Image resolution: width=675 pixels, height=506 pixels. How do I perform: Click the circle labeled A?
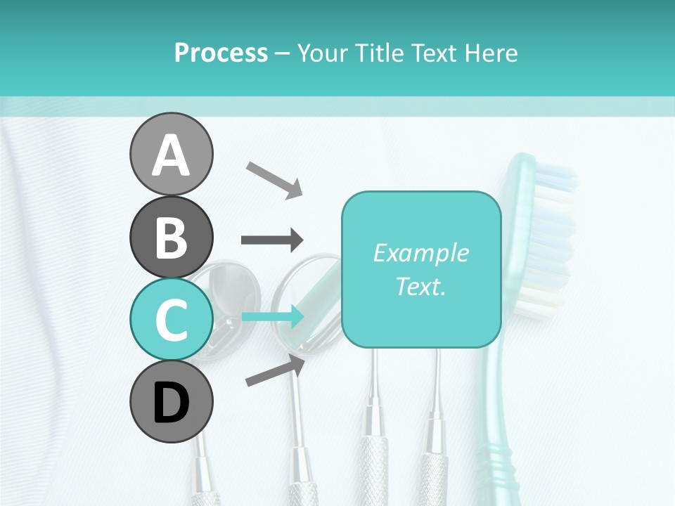click(171, 154)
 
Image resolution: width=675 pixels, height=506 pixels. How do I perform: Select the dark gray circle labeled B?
click(171, 238)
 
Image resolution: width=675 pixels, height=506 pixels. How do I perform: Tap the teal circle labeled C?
click(171, 319)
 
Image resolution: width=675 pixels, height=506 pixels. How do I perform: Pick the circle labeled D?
click(171, 401)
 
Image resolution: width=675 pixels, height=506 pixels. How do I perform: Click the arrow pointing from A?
click(274, 179)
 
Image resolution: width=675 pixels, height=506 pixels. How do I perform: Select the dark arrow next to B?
click(272, 240)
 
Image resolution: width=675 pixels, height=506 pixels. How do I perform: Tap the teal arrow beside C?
click(273, 317)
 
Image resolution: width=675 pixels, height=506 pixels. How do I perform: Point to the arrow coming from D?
click(275, 370)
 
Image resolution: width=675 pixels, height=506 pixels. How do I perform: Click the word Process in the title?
click(221, 53)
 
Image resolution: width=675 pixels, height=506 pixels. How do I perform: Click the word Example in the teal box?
click(420, 253)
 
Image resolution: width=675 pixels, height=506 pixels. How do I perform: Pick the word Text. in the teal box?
click(420, 286)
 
